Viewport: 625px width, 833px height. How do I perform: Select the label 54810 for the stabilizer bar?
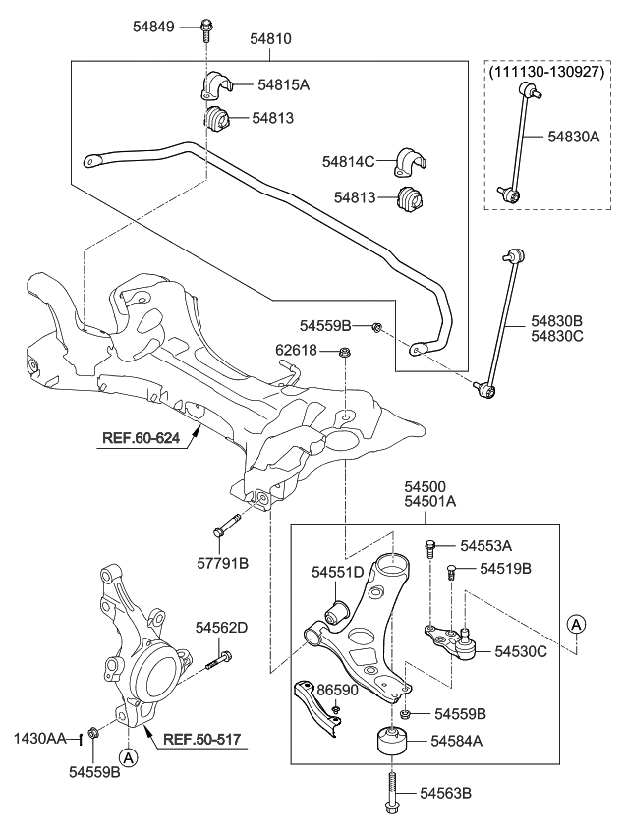270,39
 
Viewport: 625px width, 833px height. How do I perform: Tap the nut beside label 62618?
344,352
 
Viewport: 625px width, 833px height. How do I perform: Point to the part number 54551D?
338,571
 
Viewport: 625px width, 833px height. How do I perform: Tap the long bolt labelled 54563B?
392,792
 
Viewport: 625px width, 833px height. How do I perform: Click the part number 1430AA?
39,737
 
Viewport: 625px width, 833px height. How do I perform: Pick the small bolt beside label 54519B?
451,571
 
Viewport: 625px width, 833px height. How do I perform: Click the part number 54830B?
556,320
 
